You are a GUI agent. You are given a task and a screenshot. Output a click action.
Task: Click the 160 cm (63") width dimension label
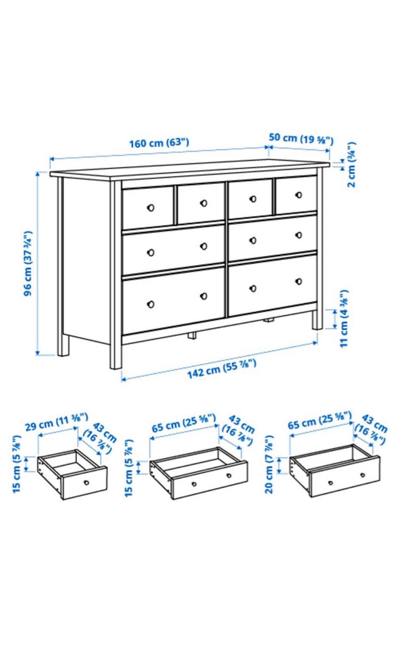click(159, 143)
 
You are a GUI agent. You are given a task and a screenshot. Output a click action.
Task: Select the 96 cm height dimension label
click(28, 263)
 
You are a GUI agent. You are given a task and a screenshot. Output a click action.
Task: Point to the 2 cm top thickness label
click(352, 165)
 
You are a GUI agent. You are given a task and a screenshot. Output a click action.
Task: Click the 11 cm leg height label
click(344, 319)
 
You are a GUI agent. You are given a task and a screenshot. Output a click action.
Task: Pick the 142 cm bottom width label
click(222, 369)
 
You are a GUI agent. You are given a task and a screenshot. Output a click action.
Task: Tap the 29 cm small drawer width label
click(56, 422)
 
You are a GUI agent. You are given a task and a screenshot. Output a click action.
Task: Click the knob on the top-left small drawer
click(150, 207)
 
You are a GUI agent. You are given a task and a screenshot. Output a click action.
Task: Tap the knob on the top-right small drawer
click(299, 195)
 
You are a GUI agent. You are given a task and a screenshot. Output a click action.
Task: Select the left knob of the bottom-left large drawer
click(150, 304)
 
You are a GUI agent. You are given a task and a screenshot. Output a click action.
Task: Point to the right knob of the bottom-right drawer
click(299, 281)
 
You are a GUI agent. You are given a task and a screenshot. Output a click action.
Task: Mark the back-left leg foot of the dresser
click(63, 348)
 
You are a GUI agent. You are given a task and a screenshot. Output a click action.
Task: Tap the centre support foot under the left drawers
click(192, 335)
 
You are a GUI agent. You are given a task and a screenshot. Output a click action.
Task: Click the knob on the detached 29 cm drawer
click(86, 482)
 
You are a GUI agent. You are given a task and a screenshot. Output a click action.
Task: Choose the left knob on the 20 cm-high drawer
click(330, 483)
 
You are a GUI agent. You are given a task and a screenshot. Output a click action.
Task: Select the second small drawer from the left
click(201, 203)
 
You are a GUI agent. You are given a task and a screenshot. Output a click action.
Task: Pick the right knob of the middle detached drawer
click(229, 475)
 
